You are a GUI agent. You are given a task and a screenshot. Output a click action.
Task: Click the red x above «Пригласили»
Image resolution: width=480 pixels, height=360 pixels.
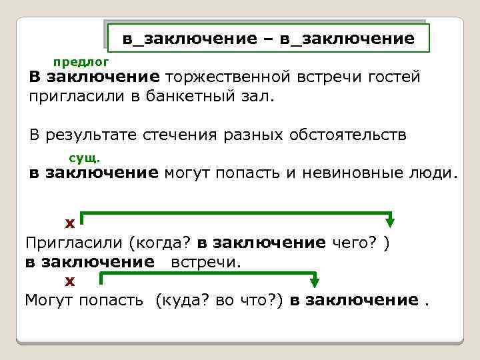(x=69, y=222)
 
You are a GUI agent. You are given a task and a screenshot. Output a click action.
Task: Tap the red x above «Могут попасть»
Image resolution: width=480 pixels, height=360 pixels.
(x=69, y=281)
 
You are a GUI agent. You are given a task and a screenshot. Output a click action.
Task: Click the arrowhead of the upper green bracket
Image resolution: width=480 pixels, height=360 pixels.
(x=391, y=222)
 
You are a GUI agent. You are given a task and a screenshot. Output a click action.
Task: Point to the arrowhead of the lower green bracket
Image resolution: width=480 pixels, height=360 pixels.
(x=315, y=281)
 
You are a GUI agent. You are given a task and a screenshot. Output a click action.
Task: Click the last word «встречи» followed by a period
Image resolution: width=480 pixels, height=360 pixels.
(x=204, y=261)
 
